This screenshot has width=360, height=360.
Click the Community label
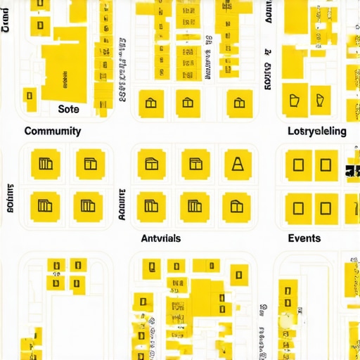53,131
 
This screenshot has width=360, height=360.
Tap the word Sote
69,109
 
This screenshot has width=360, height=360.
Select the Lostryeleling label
317,131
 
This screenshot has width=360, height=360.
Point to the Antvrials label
160,238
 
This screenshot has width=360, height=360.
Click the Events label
304,238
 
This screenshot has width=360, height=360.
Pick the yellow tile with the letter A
237,165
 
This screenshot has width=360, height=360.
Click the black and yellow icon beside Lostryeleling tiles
351,170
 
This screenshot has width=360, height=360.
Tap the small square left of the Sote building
30,95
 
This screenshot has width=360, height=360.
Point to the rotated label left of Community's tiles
11,198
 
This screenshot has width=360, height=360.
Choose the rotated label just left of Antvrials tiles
122,205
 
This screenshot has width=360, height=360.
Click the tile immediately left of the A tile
195,165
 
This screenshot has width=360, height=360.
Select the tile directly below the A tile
236,207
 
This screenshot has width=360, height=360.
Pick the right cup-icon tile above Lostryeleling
320,101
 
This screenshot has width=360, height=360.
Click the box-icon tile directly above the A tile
240,103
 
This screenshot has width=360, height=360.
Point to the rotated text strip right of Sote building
122,70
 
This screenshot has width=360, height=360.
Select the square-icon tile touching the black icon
325,165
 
